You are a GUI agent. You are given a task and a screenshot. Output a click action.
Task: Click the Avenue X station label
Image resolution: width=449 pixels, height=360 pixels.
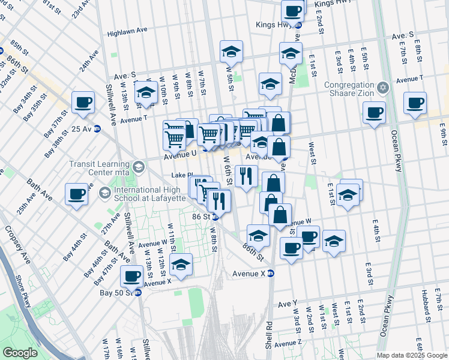249,274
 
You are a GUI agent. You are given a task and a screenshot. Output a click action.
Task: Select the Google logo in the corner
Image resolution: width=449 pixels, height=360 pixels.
20,353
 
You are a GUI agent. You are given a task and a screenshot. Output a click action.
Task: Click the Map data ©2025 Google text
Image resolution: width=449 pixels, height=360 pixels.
411,355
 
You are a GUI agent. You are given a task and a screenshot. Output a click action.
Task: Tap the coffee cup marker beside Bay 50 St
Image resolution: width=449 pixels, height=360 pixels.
132,277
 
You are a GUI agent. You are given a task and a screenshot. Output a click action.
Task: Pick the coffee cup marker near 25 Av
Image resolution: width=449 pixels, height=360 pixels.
83,101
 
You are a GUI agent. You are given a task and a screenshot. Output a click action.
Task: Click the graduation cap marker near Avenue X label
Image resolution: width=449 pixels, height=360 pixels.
181,264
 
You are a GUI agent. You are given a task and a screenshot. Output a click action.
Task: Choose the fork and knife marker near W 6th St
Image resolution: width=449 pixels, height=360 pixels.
246,176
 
